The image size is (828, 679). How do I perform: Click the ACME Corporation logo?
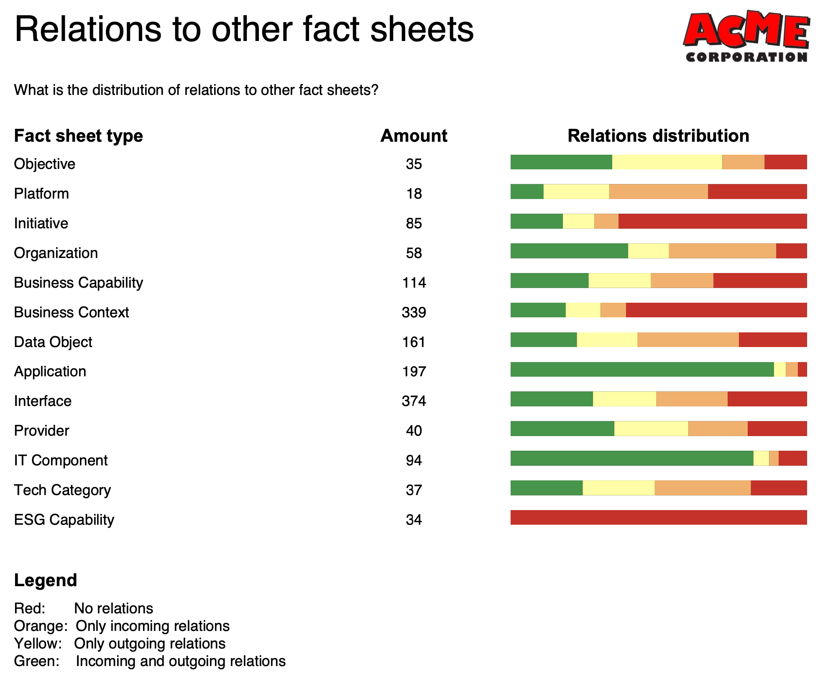tap(746, 37)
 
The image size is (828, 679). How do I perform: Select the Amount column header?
tap(414, 136)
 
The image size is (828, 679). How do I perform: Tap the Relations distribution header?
tap(658, 136)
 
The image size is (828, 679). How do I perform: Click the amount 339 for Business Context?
tap(414, 312)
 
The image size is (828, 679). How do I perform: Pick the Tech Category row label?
tap(62, 490)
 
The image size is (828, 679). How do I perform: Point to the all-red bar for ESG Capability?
tap(658, 518)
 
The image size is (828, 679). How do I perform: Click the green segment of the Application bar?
tap(642, 370)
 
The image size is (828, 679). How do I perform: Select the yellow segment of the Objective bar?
tap(667, 162)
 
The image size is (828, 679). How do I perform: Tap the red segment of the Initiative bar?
tap(712, 222)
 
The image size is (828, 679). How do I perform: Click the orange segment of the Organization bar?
tap(722, 251)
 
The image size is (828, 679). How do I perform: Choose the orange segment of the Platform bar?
tap(659, 192)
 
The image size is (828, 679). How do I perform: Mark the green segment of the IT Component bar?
tap(631, 458)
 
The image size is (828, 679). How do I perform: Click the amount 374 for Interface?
tap(414, 401)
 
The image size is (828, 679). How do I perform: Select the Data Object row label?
tap(53, 342)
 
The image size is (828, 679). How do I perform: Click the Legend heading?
tap(46, 580)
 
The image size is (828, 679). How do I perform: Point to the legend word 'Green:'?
tap(37, 661)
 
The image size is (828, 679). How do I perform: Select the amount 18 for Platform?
tap(414, 194)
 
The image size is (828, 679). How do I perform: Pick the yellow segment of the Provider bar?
tap(651, 429)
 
